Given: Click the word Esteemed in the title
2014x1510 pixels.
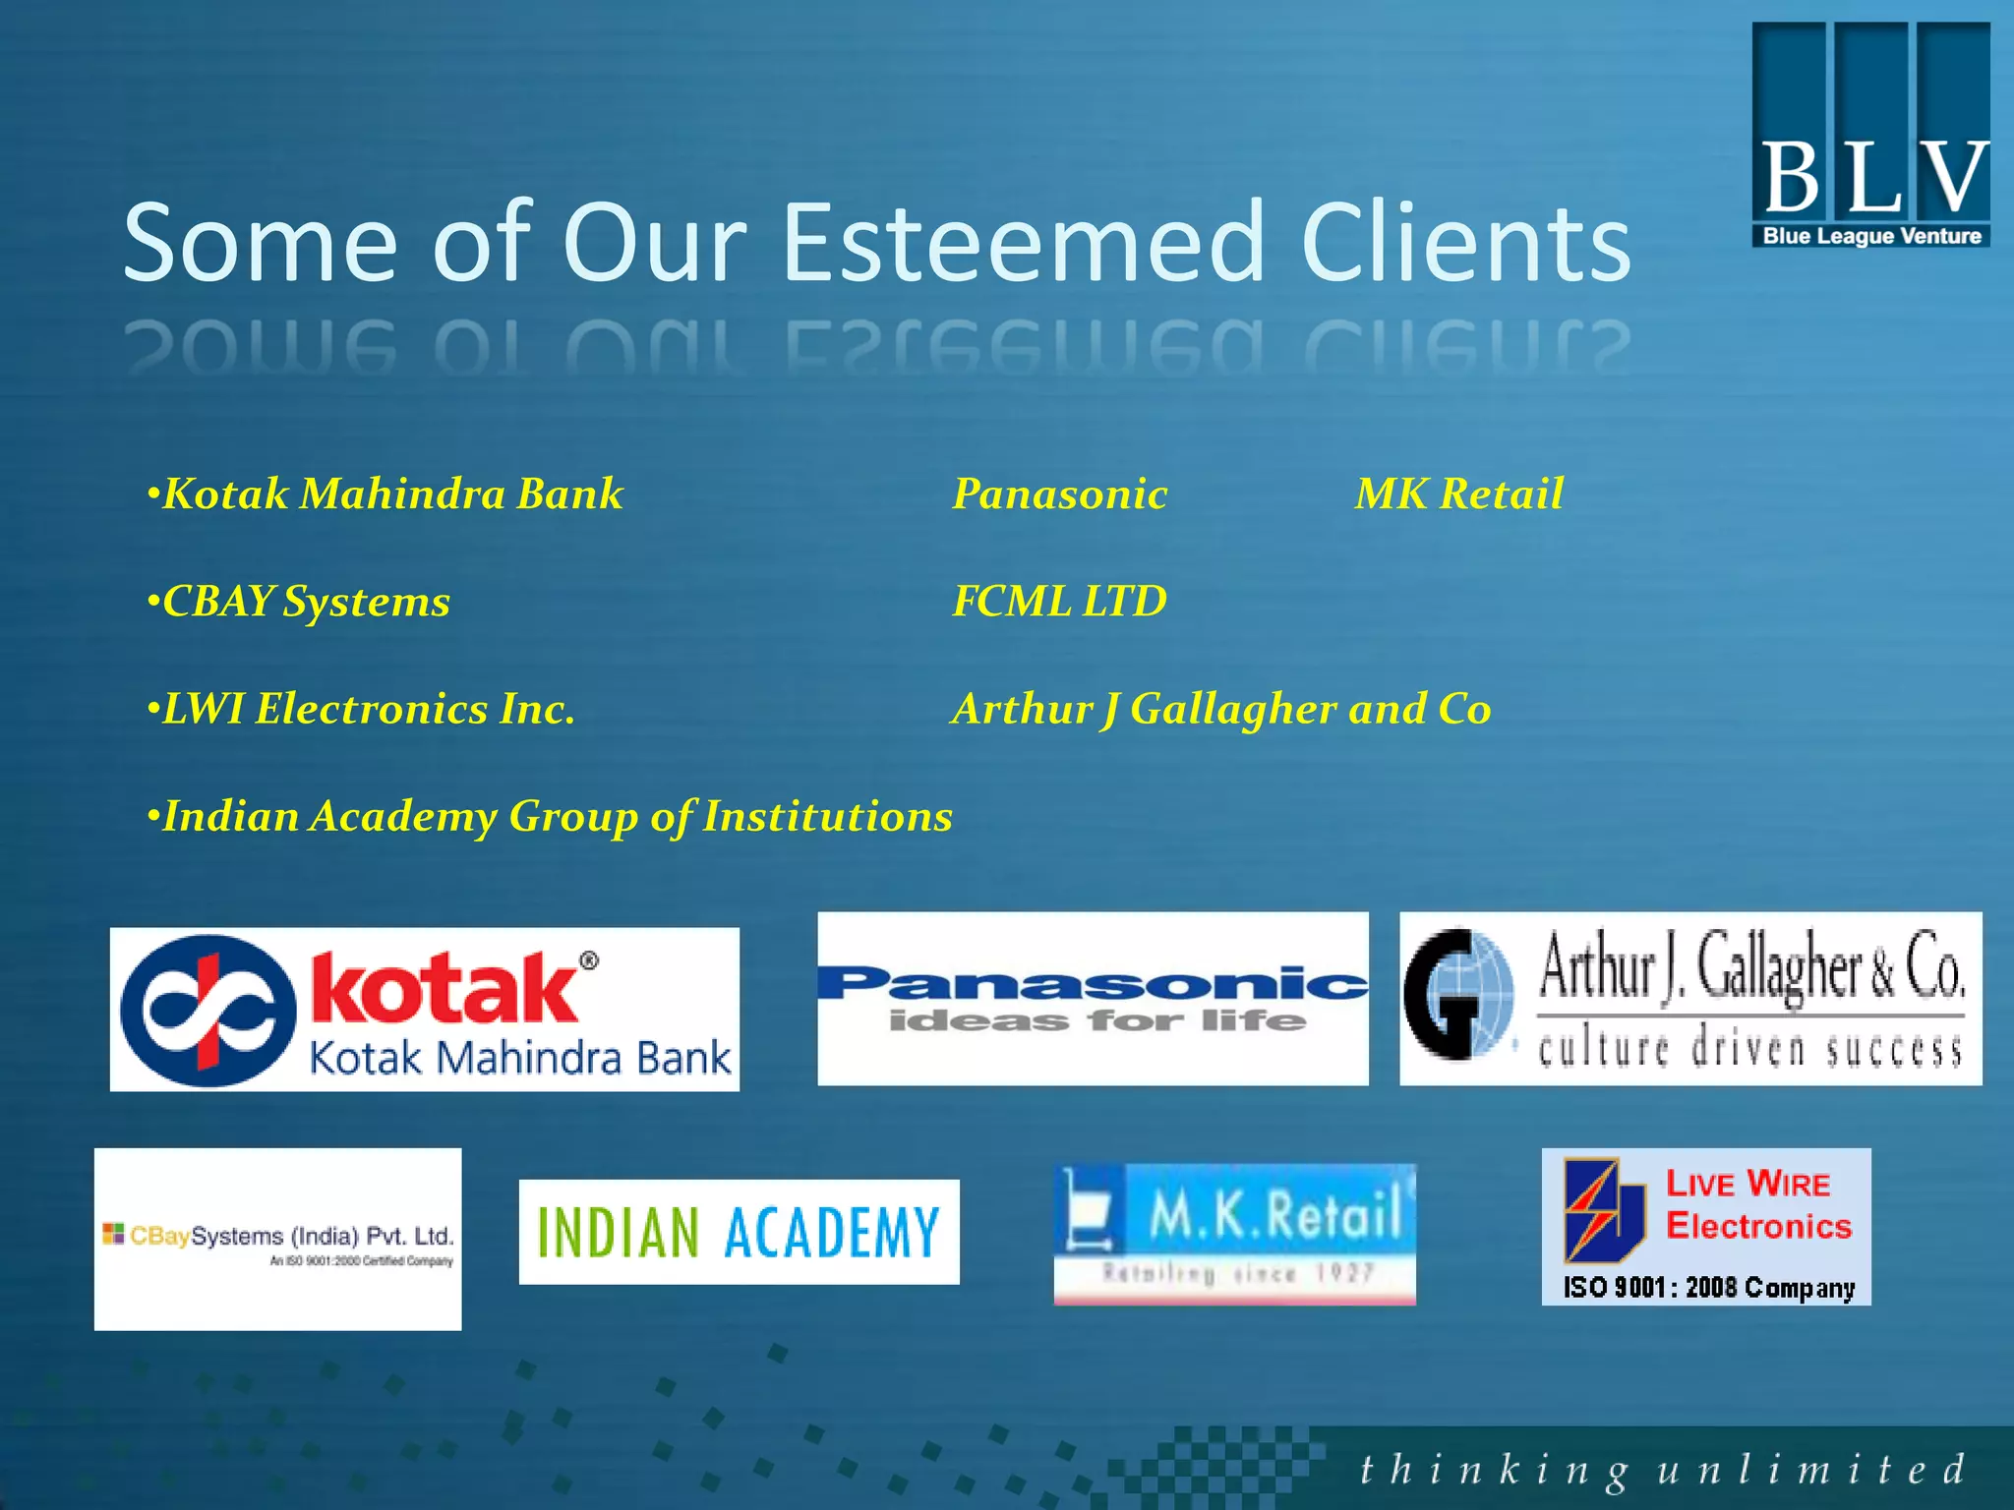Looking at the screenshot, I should tap(1023, 243).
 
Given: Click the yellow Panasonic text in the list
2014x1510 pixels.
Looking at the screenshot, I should tap(1059, 494).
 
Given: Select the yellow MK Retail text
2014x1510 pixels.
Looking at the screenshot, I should tap(1458, 494).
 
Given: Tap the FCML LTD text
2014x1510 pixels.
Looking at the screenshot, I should tap(1059, 601).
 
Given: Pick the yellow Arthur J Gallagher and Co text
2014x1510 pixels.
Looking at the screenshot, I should tap(1220, 709).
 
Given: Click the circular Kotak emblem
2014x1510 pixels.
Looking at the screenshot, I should tap(207, 1011).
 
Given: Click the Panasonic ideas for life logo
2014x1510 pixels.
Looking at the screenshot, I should tap(1092, 999).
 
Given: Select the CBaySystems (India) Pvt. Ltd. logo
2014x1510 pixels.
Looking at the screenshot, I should tap(277, 1239).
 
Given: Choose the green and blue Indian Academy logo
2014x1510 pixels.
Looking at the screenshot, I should tap(739, 1232).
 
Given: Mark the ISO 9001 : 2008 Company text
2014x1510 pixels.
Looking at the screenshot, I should tap(1708, 1287).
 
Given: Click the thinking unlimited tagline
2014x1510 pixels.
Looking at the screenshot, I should tap(1661, 1471).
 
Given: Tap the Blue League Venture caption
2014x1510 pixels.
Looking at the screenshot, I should tap(1871, 236).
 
